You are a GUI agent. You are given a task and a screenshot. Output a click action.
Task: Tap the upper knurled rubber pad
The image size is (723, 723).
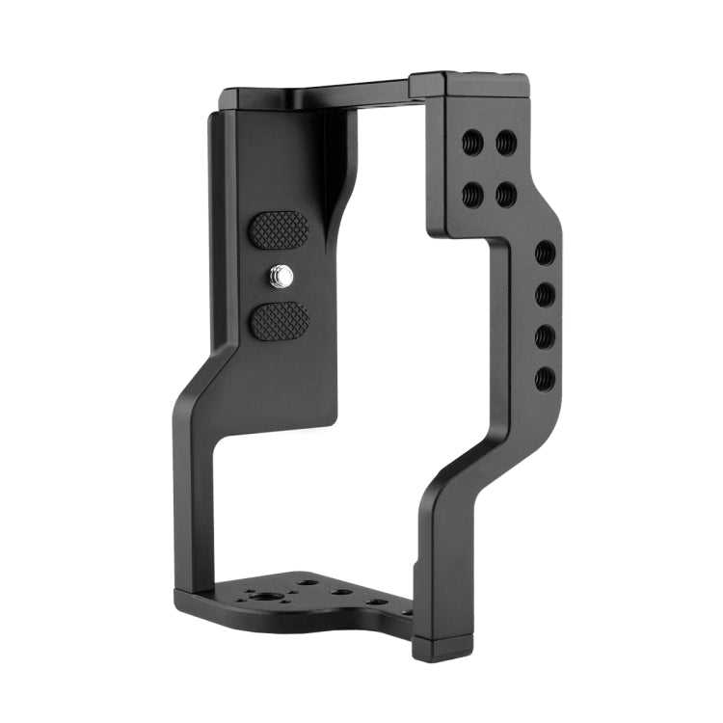point(279,230)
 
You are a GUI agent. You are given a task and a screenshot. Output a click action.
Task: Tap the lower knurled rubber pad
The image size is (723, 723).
point(279,320)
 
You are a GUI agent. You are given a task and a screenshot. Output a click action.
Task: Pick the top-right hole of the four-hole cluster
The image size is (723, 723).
point(506,144)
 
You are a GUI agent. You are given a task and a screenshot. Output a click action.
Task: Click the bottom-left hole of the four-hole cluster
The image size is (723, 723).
point(473,193)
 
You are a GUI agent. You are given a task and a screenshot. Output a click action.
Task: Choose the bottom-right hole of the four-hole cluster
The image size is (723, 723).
point(506,193)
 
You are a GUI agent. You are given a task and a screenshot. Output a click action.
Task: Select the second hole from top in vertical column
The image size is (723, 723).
point(545,293)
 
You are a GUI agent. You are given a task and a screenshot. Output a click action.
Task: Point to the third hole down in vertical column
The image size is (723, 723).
point(545,335)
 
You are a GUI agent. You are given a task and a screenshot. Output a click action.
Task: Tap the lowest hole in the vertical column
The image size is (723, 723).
point(545,377)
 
